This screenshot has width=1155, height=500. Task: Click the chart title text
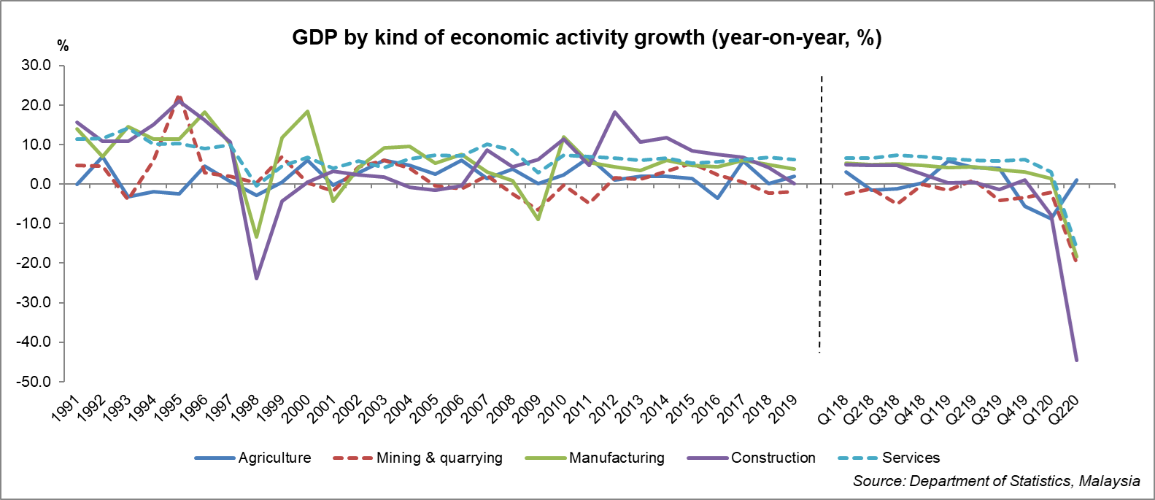(x=587, y=38)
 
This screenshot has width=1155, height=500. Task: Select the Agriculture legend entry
(x=274, y=458)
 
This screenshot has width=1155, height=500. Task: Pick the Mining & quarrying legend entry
(x=439, y=458)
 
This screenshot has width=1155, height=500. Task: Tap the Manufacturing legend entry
(x=617, y=458)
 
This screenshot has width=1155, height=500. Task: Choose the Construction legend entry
(x=773, y=458)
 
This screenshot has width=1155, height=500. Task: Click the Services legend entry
(x=911, y=458)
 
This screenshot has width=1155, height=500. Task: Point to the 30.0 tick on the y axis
(x=36, y=66)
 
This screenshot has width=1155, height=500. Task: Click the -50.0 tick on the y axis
(x=34, y=382)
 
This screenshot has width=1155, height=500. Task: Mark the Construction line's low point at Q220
(x=1076, y=360)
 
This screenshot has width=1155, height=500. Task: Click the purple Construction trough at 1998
(x=256, y=278)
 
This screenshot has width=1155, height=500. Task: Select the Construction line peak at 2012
(x=615, y=112)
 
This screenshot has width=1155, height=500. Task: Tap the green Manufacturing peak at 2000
(x=307, y=112)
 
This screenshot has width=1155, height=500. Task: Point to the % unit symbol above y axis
(x=63, y=47)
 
